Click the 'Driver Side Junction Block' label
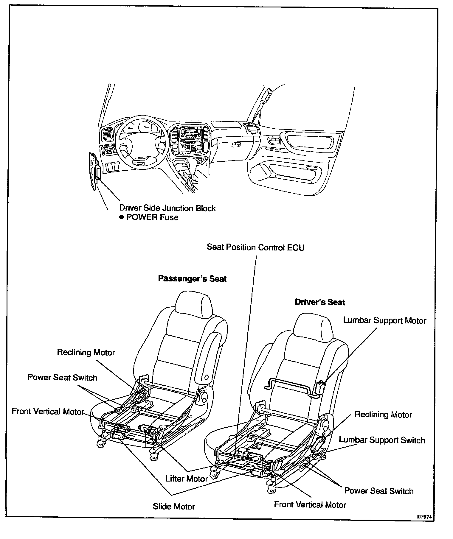[167, 208]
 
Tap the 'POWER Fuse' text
[152, 217]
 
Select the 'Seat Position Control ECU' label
[256, 247]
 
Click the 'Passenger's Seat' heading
[192, 279]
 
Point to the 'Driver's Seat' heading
[320, 302]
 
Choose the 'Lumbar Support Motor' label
[384, 320]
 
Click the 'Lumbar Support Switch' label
[382, 440]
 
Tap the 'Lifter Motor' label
[187, 479]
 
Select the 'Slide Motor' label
[174, 507]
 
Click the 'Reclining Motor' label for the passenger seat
[86, 353]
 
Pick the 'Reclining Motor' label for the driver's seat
[383, 415]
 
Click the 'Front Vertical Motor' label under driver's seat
[310, 504]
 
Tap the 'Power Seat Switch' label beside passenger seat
[62, 378]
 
